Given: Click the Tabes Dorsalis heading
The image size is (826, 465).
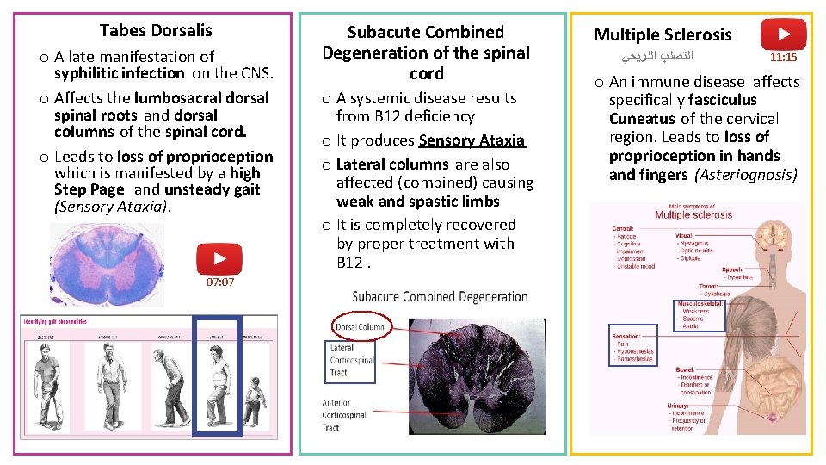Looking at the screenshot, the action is (155, 31).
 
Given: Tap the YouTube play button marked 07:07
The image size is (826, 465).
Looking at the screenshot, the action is (219, 259).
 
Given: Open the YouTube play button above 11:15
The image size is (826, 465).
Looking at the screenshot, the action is (783, 35).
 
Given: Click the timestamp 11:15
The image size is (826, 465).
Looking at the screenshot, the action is (783, 59).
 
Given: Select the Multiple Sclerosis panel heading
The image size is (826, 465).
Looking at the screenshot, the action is (663, 34).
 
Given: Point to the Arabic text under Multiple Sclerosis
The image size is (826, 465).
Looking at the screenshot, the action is (656, 58).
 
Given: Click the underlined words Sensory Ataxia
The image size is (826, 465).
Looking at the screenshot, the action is (472, 140).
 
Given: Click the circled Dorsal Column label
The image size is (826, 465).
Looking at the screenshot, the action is (360, 327).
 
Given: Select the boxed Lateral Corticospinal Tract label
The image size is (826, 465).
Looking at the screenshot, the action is (351, 360).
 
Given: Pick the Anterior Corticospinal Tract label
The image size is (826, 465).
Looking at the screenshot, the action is (344, 414).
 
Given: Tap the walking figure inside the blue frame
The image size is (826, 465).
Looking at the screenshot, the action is (215, 385).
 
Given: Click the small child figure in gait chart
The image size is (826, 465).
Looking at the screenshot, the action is (253, 400).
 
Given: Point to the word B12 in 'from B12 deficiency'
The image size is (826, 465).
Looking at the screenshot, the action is (388, 116).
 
